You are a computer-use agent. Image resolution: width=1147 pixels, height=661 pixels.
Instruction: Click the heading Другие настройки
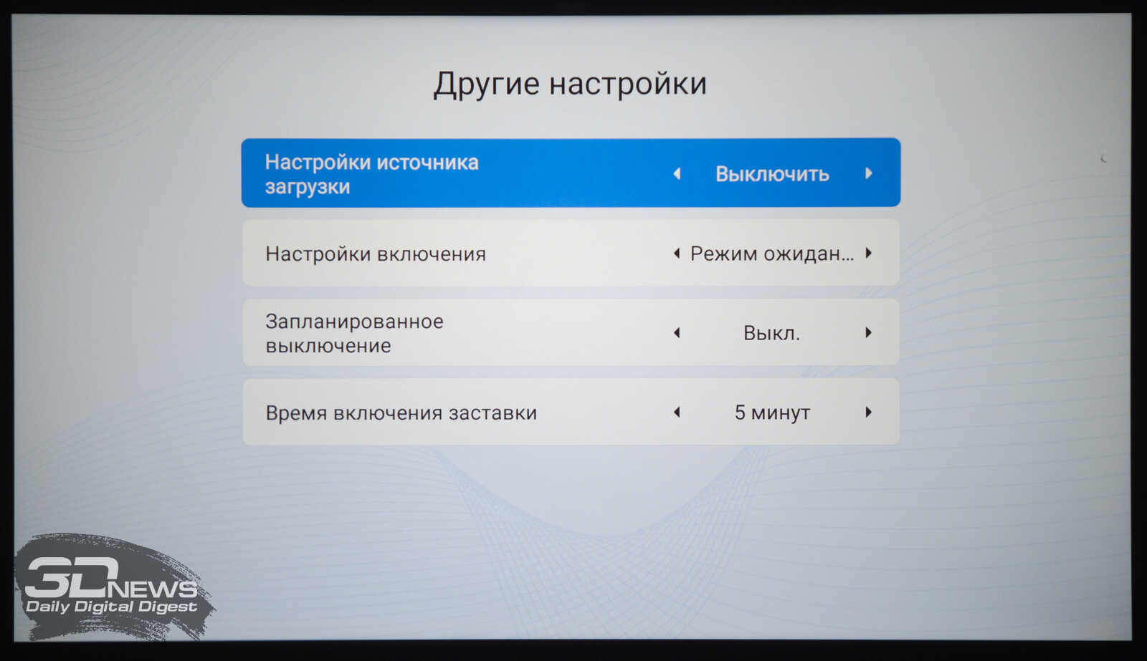[570, 84]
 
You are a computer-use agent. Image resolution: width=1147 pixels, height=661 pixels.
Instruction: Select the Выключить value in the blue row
[772, 174]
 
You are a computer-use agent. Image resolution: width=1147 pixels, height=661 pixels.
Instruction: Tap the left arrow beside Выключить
[677, 174]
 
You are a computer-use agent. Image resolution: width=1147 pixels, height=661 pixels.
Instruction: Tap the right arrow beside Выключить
[868, 173]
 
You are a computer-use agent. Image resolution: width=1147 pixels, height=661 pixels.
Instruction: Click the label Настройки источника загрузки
[372, 174]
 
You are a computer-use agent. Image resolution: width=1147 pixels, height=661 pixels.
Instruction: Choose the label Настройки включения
[376, 254]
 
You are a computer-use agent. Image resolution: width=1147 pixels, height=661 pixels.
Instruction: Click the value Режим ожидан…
[772, 254]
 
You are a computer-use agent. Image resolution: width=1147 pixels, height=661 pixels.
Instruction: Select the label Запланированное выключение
[354, 333]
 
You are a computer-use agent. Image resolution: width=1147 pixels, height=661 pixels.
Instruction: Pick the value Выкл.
[771, 333]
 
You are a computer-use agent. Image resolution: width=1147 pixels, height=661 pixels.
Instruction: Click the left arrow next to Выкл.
[677, 333]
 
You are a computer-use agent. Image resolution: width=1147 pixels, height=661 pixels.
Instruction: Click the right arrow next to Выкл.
[868, 332]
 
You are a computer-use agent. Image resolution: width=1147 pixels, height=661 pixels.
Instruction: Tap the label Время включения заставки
[401, 413]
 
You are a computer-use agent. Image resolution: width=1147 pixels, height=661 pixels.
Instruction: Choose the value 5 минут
[772, 412]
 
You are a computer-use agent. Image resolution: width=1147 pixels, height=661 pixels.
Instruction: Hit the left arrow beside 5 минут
[677, 412]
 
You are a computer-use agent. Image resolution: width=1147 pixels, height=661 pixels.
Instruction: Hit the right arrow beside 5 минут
[868, 412]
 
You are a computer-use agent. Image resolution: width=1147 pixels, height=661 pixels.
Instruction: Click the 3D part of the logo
[72, 576]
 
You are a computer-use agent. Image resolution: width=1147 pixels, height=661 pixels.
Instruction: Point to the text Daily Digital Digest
[111, 607]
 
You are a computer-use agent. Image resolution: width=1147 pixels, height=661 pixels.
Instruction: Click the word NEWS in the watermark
[152, 589]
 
